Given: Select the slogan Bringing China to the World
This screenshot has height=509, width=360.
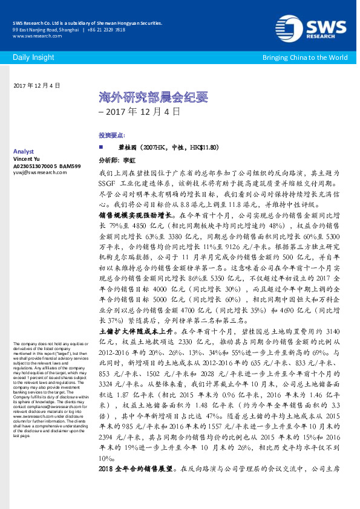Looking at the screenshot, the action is pos(304,57).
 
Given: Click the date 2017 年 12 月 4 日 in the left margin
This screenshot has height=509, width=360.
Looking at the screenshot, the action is pos(36,86).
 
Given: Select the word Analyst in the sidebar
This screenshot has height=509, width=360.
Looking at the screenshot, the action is pos(23,151).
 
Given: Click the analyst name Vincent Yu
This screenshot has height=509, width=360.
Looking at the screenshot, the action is pos(28,158).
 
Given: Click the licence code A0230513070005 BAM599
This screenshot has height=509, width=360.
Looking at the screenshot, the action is pos(47,164).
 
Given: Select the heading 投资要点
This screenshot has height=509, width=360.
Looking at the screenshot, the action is pos(111,135).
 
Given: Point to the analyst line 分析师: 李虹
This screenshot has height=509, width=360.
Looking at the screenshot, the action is pos(114,161).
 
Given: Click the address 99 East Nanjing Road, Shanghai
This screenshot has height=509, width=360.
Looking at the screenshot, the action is pos(45,30).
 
